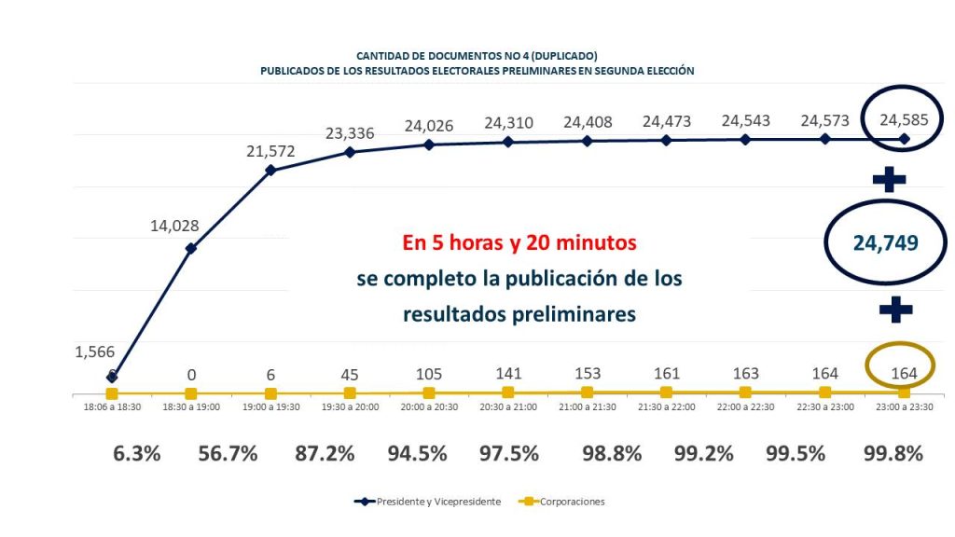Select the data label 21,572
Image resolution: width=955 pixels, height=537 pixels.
(270, 150)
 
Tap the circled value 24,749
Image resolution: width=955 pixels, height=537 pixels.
(886, 242)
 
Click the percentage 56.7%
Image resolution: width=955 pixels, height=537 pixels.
(229, 454)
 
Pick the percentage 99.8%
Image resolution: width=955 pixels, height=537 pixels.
(893, 454)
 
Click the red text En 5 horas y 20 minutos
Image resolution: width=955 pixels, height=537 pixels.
(519, 244)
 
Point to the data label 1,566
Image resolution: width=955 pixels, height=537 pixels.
(94, 352)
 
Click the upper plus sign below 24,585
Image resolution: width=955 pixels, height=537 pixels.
(889, 178)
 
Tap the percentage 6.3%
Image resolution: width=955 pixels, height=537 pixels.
(137, 454)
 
